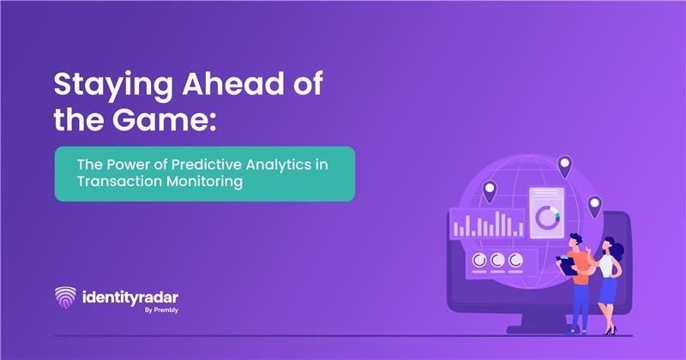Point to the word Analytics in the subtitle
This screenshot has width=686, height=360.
(282, 163)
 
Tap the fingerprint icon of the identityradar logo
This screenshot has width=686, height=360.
(64, 297)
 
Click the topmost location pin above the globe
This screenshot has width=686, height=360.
(564, 165)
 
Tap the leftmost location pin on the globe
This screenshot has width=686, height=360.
(489, 191)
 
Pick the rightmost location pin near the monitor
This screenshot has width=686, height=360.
(594, 206)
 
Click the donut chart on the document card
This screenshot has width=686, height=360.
(546, 218)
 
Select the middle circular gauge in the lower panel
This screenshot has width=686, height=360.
(497, 260)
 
